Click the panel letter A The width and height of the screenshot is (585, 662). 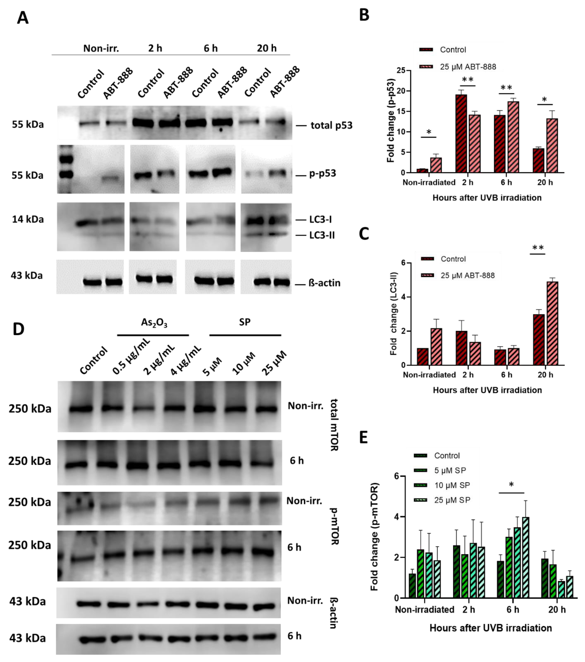23,18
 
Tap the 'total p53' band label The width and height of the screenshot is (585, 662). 331,125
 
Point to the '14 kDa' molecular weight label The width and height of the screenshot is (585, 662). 28,219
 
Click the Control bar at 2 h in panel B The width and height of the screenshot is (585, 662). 461,133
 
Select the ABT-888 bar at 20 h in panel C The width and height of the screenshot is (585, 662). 552,323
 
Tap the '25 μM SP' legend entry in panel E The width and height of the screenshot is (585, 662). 452,500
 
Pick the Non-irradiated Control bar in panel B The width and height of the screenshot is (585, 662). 422,170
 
